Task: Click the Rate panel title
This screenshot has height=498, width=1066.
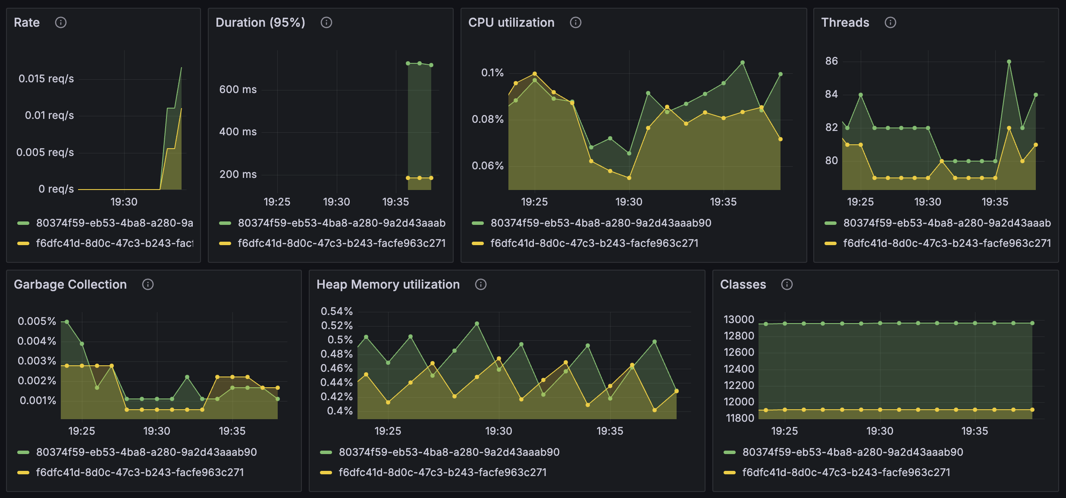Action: click(x=27, y=22)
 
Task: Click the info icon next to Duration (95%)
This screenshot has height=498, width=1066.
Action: click(x=326, y=22)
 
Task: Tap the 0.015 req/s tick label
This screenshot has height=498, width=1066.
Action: click(x=46, y=78)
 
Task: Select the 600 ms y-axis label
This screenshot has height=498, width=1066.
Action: click(x=238, y=89)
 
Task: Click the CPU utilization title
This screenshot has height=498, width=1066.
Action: click(x=511, y=22)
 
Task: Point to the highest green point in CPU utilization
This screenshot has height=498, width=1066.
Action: click(x=743, y=62)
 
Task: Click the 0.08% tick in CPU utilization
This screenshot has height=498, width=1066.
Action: click(x=487, y=119)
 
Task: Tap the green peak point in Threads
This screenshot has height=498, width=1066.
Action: click(x=1009, y=62)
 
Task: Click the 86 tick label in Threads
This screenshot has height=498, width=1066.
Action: click(x=831, y=61)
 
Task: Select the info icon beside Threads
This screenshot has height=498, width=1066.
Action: click(x=890, y=22)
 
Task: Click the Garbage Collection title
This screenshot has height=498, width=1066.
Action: click(x=70, y=284)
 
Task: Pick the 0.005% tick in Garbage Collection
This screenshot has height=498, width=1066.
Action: click(x=37, y=321)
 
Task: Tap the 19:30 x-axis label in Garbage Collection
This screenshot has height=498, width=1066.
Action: click(x=157, y=431)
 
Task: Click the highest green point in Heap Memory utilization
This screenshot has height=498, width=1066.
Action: click(x=477, y=323)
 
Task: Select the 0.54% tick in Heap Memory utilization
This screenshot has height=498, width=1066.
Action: click(x=336, y=311)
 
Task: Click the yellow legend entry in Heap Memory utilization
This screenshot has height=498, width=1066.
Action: click(x=442, y=472)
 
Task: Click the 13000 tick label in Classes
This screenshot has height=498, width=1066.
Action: click(x=739, y=319)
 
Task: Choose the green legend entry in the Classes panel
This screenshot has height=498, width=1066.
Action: click(x=852, y=452)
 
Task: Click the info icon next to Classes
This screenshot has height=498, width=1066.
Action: click(x=787, y=284)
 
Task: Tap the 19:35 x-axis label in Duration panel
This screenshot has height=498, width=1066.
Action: click(x=395, y=202)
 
